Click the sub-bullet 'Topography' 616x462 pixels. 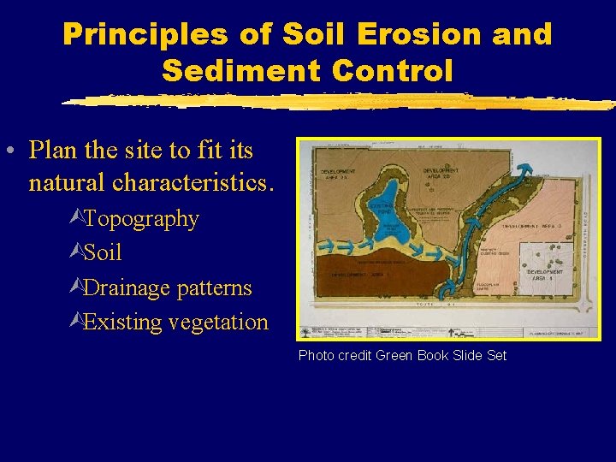point(141,219)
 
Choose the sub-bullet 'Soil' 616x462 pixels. point(103,253)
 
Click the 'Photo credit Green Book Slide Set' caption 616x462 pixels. point(402,355)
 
